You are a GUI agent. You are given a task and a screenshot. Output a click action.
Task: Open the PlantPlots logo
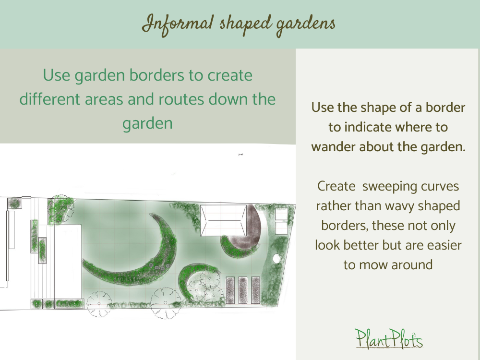click(x=389, y=338)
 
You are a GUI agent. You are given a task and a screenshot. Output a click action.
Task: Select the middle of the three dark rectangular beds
click(x=242, y=290)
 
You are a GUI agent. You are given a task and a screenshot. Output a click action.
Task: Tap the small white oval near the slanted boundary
click(x=276, y=258)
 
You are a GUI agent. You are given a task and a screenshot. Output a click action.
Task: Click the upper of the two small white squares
click(x=281, y=213)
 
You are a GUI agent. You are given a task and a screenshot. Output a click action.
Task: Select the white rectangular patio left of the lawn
click(x=68, y=262)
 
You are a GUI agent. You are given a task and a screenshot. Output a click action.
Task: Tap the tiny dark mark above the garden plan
click(x=240, y=155)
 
